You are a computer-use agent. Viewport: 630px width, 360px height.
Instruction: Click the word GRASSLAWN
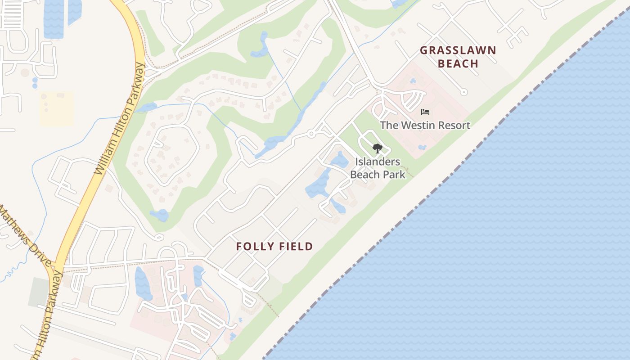coord(458,50)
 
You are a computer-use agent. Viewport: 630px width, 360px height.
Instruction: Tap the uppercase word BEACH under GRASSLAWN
coord(458,63)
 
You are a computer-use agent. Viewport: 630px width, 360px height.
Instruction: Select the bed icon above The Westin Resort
coord(425,112)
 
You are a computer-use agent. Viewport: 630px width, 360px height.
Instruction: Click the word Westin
coord(418,125)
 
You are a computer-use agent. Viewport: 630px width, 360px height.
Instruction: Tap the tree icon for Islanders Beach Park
coord(377,148)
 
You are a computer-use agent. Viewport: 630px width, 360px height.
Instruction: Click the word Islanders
coord(378,162)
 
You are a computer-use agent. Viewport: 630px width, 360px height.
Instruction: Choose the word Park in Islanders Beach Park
coord(393,174)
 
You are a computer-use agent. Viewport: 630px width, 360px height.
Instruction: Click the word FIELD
coord(295,246)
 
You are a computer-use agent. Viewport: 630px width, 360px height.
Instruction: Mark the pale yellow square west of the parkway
coord(56,109)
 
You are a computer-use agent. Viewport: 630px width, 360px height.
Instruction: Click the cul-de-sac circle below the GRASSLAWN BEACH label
coord(464,92)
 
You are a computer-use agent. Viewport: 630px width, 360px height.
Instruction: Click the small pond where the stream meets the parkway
coord(146,108)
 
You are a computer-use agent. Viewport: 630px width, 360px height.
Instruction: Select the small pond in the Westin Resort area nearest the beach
coord(422,147)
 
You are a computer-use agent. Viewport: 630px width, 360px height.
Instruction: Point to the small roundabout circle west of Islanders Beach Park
coord(311,134)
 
